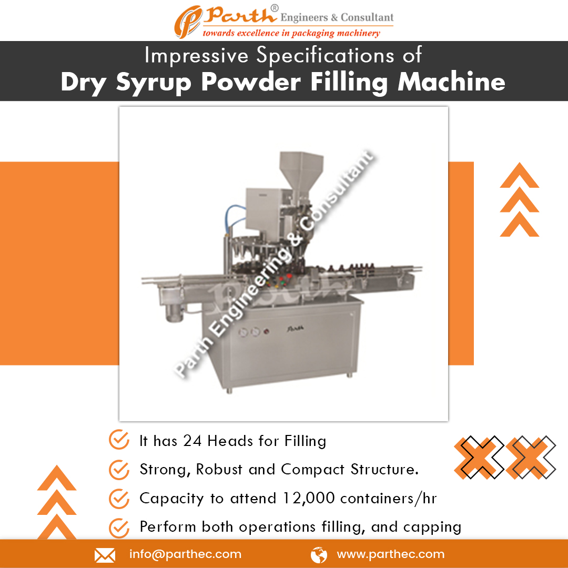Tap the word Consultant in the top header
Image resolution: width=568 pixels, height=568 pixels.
[x=367, y=17]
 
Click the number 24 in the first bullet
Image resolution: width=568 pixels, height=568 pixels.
[x=192, y=441]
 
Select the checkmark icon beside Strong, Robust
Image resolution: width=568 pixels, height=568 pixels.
[x=119, y=469]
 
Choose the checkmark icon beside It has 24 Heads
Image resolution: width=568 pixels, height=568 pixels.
[x=119, y=441]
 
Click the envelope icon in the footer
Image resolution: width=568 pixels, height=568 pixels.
[x=105, y=555]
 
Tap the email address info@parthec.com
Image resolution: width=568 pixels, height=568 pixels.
[x=185, y=554]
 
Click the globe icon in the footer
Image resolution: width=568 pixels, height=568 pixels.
[x=319, y=555]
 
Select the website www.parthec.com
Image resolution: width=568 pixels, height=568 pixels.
[x=390, y=554]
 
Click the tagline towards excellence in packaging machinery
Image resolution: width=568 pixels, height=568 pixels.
[x=291, y=33]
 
